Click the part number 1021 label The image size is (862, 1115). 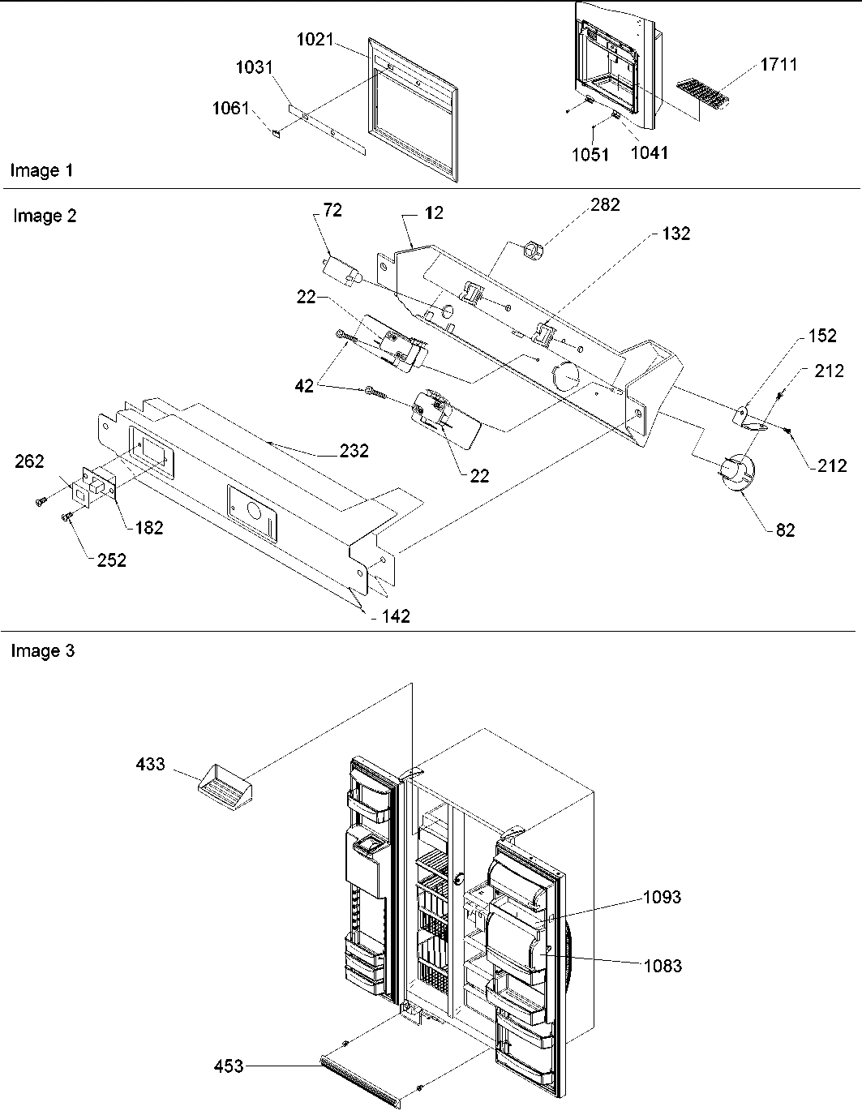(315, 38)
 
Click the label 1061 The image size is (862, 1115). (230, 108)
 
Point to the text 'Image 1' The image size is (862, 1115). (41, 170)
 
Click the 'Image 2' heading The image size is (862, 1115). (45, 216)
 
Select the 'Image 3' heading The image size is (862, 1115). (42, 651)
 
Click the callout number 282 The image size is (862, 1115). (605, 205)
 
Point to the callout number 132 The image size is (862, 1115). (675, 234)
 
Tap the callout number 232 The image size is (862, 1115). (354, 451)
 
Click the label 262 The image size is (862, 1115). (30, 461)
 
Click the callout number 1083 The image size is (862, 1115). (663, 966)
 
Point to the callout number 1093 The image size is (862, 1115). (662, 897)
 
